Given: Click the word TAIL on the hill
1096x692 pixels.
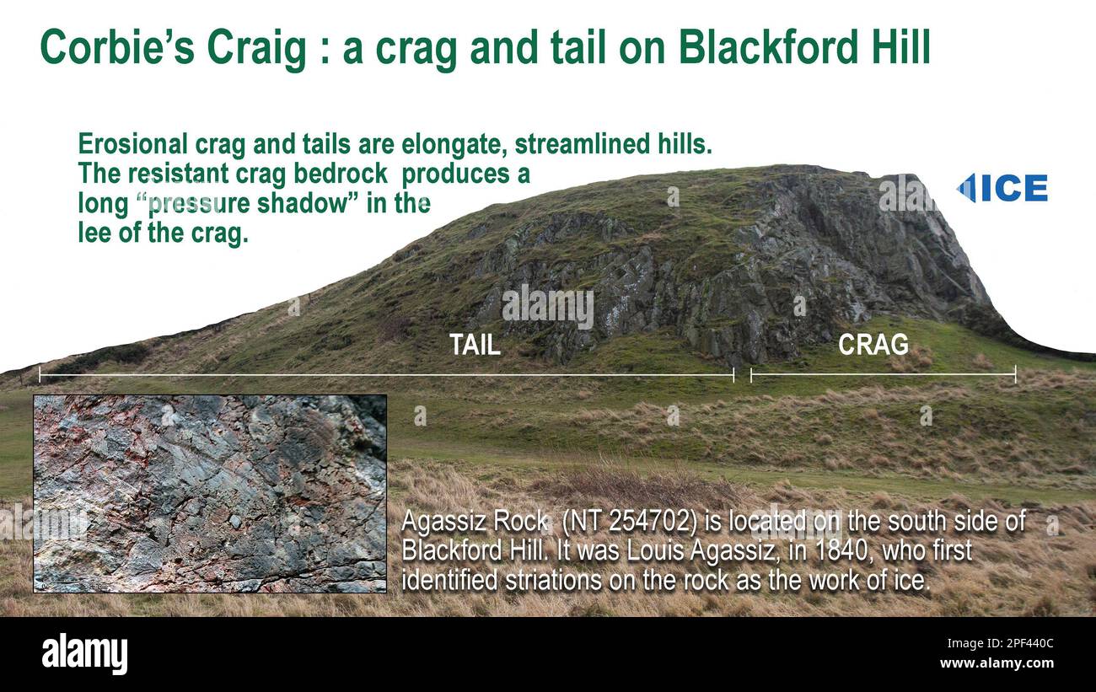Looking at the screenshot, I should pyautogui.click(x=475, y=345).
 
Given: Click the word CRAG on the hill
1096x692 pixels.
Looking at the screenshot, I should pyautogui.click(x=873, y=345).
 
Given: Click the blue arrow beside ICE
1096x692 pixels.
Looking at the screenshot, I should pyautogui.click(x=966, y=188).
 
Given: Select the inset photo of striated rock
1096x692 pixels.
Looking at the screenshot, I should pyautogui.click(x=210, y=493).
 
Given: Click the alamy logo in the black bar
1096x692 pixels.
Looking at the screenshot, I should pyautogui.click(x=84, y=654).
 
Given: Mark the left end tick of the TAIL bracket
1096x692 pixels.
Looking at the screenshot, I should pyautogui.click(x=40, y=374).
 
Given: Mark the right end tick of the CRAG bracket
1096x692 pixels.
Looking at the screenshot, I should pyautogui.click(x=1015, y=374).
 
